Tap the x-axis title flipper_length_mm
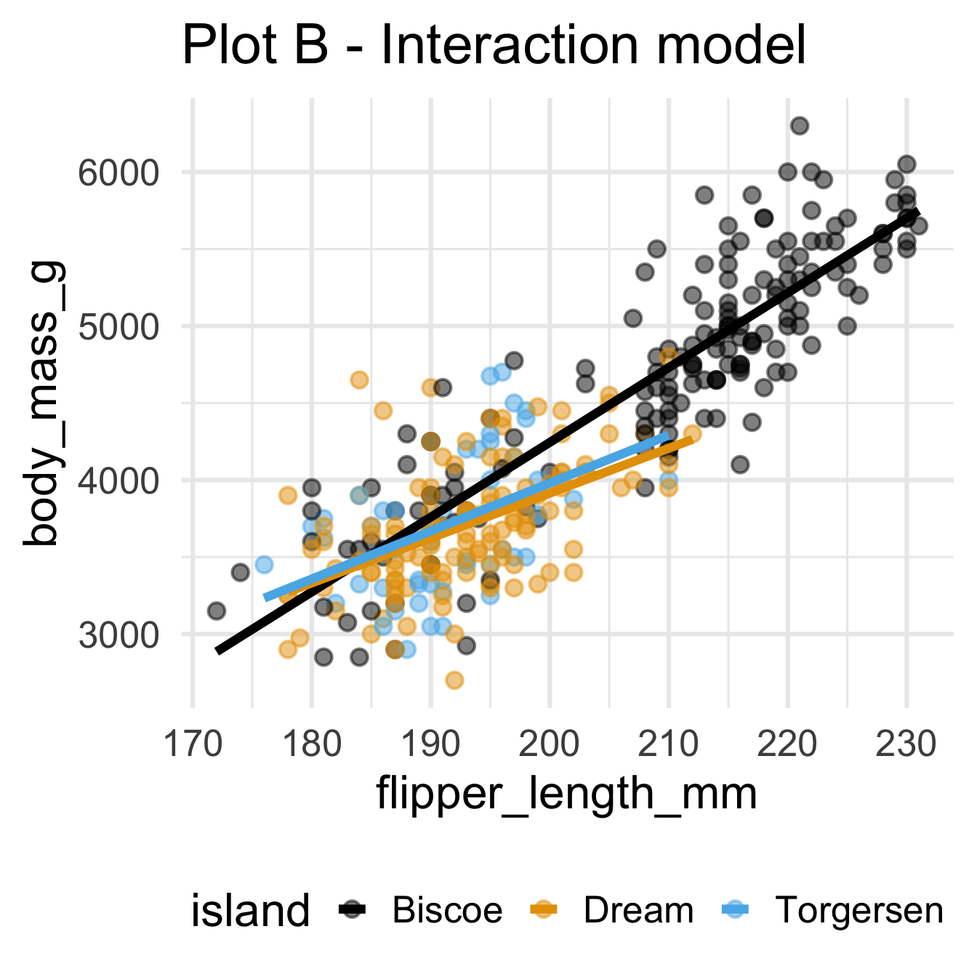point(566,793)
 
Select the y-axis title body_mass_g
point(45,403)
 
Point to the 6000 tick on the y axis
point(118,173)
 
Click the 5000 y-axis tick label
point(118,326)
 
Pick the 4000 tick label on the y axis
point(118,481)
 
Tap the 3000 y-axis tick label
point(118,635)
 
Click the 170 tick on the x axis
point(193,745)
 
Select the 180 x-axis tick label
point(312,745)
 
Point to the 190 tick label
point(430,745)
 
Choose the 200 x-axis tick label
point(550,745)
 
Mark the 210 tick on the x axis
point(669,745)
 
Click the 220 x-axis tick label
point(787,745)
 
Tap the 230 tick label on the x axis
point(906,745)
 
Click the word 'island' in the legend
point(250,911)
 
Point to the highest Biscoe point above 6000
point(800,126)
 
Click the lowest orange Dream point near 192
point(454,680)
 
